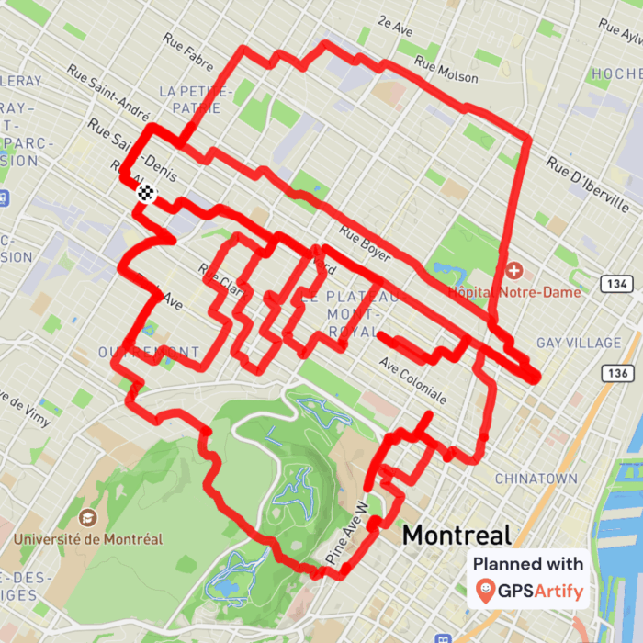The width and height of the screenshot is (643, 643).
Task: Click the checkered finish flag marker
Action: (x=146, y=193)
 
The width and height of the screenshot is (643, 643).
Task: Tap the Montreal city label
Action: (x=457, y=535)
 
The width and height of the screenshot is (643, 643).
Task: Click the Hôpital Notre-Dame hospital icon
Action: (x=513, y=271)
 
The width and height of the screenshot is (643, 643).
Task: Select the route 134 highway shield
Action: (x=616, y=285)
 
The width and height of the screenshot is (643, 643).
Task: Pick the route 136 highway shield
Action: (x=616, y=373)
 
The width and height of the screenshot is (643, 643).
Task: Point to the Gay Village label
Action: (x=579, y=343)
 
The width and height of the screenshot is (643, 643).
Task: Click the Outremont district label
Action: (x=150, y=352)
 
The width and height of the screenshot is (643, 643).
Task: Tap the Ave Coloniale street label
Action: (x=412, y=382)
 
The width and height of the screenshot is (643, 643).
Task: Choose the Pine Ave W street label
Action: (x=348, y=532)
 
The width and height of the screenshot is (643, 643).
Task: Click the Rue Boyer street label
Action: (x=364, y=243)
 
